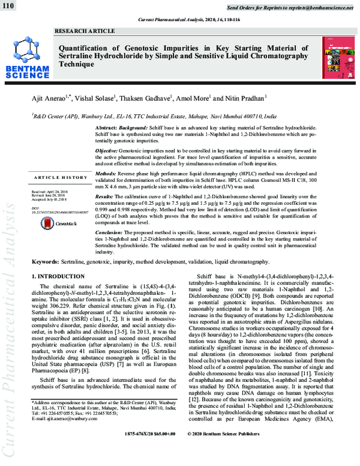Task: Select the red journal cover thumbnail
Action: (x=336, y=57)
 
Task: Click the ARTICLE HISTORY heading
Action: (x=61, y=178)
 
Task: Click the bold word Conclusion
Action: (x=112, y=231)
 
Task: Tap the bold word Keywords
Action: (x=46, y=262)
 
